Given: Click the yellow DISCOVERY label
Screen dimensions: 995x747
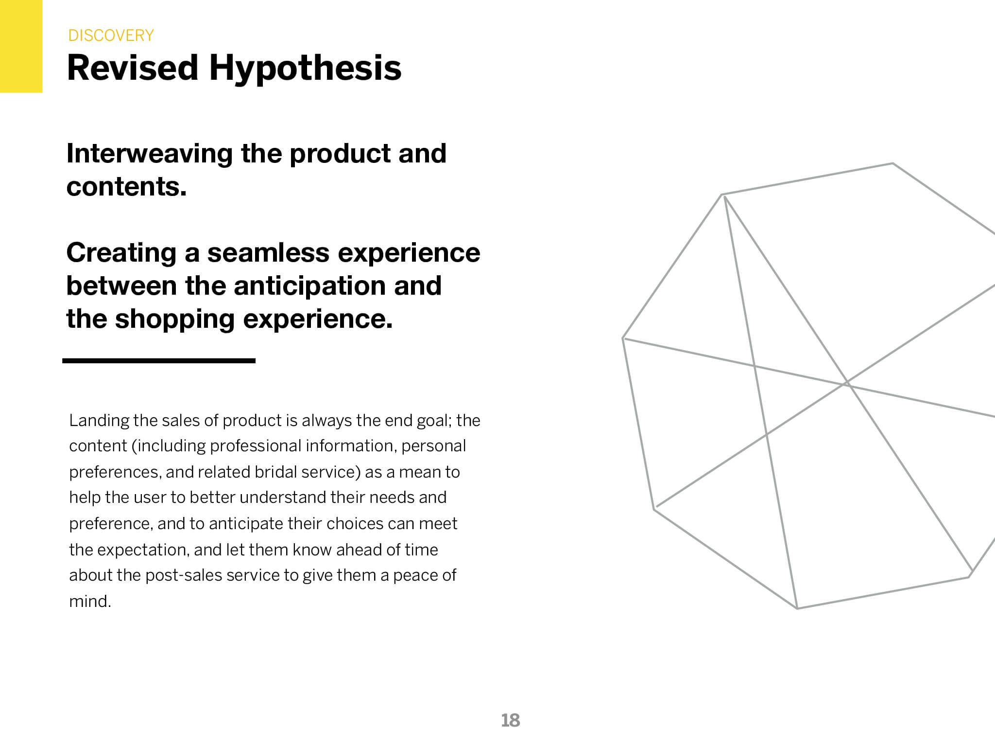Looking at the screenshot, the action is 111,36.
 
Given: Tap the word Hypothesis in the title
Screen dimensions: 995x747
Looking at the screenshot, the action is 306,68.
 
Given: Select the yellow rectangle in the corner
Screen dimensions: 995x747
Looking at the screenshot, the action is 21,46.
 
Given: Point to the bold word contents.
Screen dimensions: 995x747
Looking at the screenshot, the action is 126,187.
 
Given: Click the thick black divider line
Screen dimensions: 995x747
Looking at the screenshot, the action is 159,361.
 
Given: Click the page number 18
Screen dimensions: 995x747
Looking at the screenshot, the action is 511,720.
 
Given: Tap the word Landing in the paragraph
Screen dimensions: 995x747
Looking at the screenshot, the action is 99,421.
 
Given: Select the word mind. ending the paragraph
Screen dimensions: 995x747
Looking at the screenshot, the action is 90,602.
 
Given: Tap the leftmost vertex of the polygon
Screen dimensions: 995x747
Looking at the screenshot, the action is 623,338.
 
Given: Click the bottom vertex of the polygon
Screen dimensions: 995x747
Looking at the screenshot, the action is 797,608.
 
